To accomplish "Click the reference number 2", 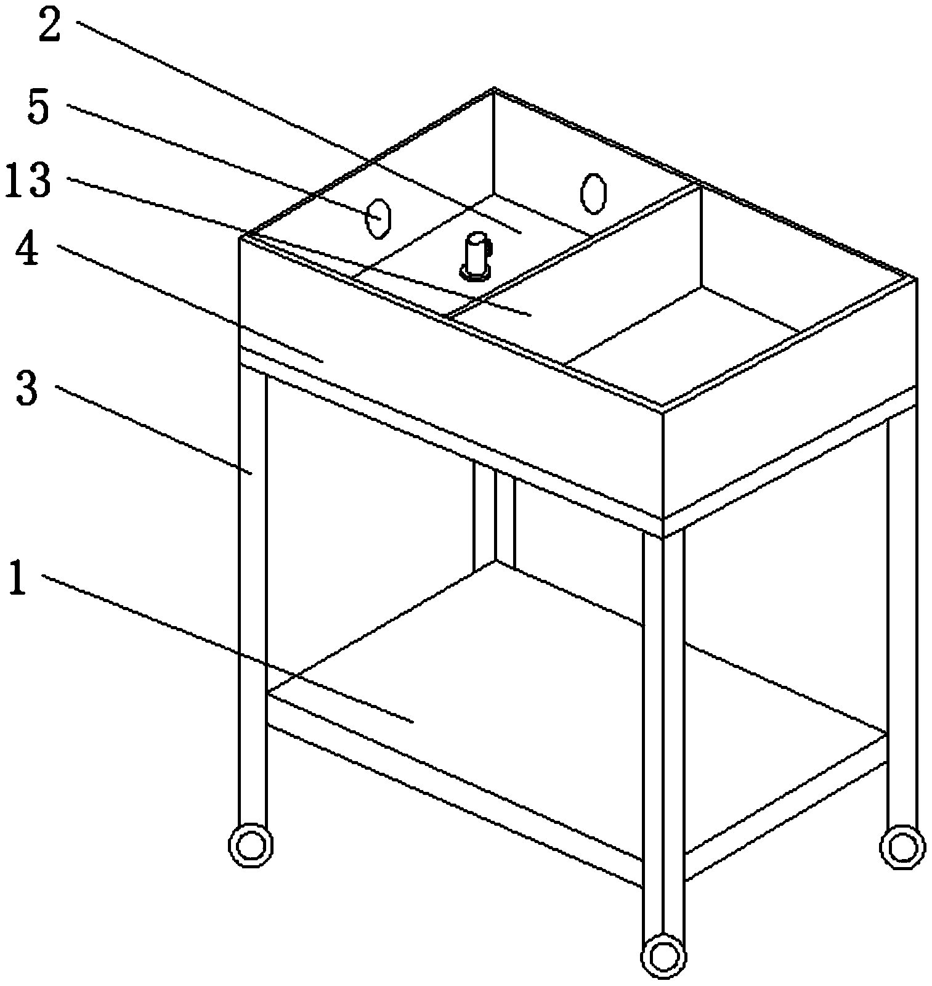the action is click(x=50, y=23).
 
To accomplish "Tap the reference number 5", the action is click(x=39, y=106).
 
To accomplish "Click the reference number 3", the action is click(x=27, y=388).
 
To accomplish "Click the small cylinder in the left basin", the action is click(x=476, y=256).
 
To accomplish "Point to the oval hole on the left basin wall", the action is click(x=377, y=218).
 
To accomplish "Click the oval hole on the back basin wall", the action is click(x=593, y=194).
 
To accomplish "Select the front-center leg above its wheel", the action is click(x=663, y=733).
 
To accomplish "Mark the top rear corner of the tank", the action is click(x=494, y=89).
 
